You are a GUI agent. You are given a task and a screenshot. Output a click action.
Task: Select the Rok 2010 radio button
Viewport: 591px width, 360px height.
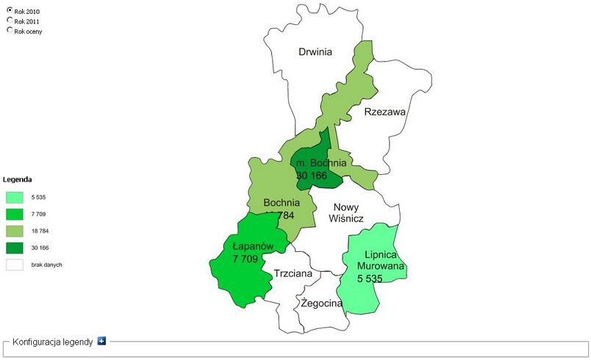10,12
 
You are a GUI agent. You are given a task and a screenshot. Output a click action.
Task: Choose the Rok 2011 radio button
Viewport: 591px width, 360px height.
10,21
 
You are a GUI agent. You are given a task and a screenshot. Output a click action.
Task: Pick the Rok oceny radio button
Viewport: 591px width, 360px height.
10,31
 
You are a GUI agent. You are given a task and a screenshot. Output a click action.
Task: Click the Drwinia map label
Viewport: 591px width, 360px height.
315,51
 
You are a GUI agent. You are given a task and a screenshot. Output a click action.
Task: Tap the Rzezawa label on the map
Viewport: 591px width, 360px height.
385,112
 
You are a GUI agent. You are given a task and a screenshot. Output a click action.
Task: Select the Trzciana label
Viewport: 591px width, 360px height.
293,273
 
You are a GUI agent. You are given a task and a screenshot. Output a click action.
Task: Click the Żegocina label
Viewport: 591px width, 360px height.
321,303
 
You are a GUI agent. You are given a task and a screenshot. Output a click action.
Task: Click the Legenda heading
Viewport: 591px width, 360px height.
17,179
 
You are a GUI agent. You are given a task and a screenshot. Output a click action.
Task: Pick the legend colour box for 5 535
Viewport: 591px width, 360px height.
15,197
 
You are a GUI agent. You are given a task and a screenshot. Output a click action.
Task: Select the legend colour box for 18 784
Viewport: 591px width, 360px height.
15,231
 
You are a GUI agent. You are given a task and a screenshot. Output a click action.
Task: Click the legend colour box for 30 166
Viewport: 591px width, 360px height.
15,248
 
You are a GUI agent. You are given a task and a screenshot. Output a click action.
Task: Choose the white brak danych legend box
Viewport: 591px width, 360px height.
15,264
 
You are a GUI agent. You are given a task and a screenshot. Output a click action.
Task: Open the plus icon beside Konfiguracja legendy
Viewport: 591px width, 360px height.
102,341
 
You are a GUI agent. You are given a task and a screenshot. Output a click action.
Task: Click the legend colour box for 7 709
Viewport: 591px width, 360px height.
15,214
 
